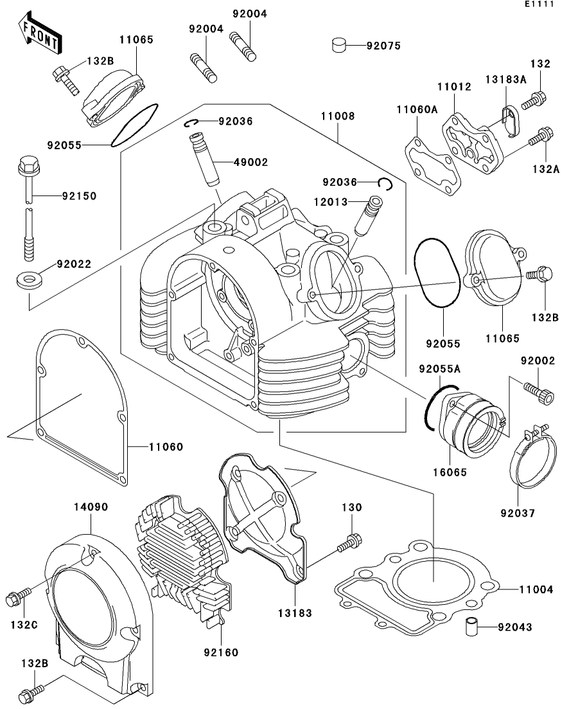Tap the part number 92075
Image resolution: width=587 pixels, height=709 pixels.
coord(383,46)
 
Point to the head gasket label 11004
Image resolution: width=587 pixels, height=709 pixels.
coord(536,589)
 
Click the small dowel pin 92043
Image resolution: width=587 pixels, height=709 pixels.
coord(472,626)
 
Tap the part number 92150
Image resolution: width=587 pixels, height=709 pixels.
coord(78,195)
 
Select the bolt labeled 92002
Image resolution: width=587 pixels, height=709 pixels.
coord(539,392)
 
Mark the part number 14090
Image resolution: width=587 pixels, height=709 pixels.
coord(91,507)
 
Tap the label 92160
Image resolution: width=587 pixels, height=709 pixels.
coord(222,652)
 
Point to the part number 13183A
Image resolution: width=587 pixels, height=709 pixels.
coord(505,80)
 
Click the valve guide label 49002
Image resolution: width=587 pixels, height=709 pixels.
coord(234,162)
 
